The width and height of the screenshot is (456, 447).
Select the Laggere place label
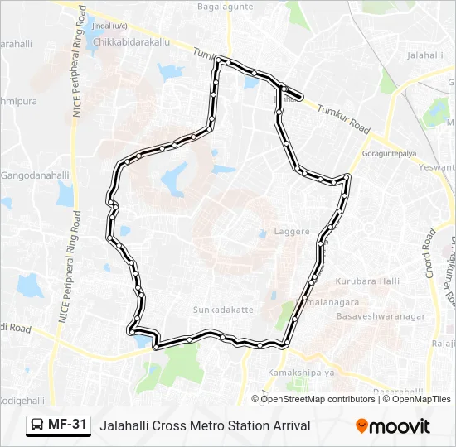[x=292, y=233]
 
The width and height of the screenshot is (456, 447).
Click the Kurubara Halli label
[x=367, y=281]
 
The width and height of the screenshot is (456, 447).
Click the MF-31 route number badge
[x=67, y=425]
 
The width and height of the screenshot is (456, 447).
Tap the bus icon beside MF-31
[x=38, y=425]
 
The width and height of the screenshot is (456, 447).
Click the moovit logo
[x=393, y=426]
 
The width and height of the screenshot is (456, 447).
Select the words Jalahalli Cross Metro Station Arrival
[x=205, y=425]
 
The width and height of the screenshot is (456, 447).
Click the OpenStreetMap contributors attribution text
[x=318, y=399]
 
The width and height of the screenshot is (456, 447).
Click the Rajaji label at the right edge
[x=444, y=343]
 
